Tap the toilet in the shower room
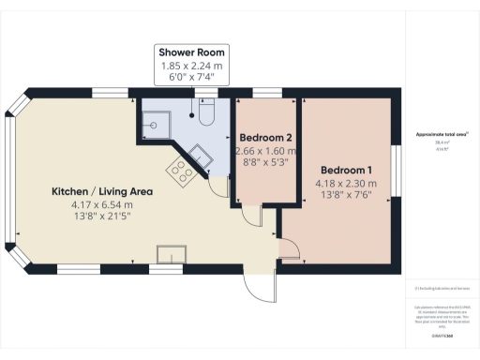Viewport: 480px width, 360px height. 208,113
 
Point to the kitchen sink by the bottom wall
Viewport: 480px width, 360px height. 172,254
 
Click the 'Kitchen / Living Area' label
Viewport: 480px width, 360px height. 102,191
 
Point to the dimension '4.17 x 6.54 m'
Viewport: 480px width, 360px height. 102,203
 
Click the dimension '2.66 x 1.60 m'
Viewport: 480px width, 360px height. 265,150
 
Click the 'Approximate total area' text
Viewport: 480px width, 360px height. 442,135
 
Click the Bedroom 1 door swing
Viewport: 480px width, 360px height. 290,248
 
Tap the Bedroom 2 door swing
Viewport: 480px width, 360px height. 252,214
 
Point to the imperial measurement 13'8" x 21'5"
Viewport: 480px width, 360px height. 102,217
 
